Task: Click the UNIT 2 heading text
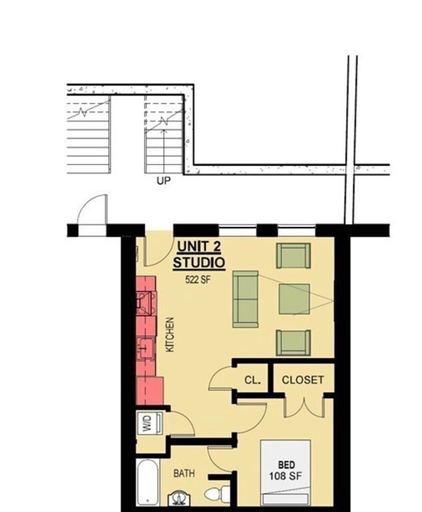199,248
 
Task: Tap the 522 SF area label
198,279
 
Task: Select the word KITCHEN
170,335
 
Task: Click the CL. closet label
252,381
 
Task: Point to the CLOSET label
303,380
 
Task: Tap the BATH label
184,473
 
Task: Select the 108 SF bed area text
284,476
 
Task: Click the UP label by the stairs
163,180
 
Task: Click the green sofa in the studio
246,299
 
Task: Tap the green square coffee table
294,299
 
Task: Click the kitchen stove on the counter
146,303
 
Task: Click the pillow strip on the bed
284,498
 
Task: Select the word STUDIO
199,263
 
